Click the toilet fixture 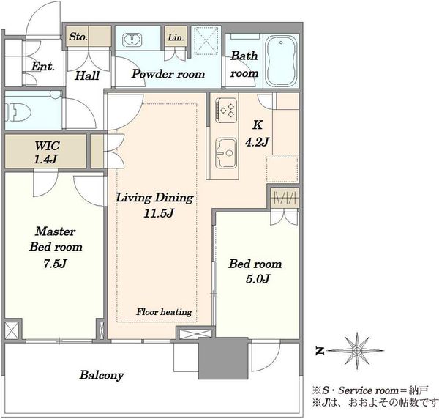pyautogui.click(x=18, y=112)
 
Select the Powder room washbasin pyautogui.click(x=132, y=40)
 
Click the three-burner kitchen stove pyautogui.click(x=225, y=110)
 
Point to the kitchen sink pyautogui.click(x=225, y=153)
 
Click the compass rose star pyautogui.click(x=357, y=350)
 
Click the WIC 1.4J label pyautogui.click(x=47, y=152)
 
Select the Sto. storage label pyautogui.click(x=78, y=37)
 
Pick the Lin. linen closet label pyautogui.click(x=176, y=37)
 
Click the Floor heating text pyautogui.click(x=164, y=311)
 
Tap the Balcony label pyautogui.click(x=102, y=375)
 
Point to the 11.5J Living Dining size pyautogui.click(x=159, y=214)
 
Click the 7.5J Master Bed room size pyautogui.click(x=55, y=264)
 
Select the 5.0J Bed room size pyautogui.click(x=258, y=279)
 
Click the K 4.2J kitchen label pyautogui.click(x=257, y=133)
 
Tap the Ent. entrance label pyautogui.click(x=43, y=66)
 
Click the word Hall pyautogui.click(x=87, y=75)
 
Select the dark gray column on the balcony pyautogui.click(x=223, y=358)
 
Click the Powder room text pyautogui.click(x=168, y=74)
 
